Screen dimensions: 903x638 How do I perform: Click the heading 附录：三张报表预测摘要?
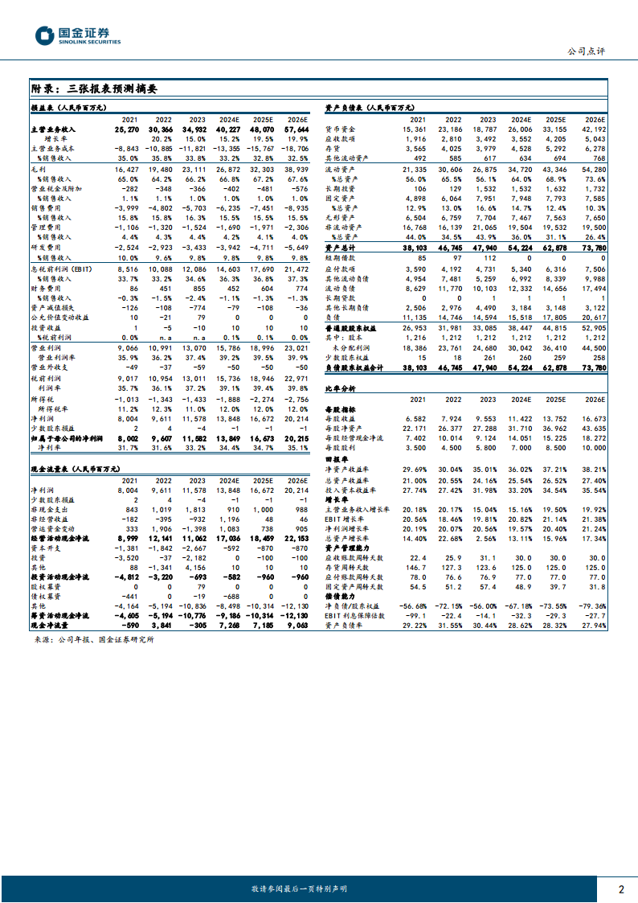pos(94,88)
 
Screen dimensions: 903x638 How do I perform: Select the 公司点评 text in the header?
pos(587,51)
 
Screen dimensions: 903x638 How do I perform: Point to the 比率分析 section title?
pos(341,388)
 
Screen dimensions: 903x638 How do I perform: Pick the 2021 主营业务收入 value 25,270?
pos(127,129)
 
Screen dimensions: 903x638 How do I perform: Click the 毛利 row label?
pos(39,170)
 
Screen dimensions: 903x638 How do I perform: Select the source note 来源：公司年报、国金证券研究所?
pos(94,640)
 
